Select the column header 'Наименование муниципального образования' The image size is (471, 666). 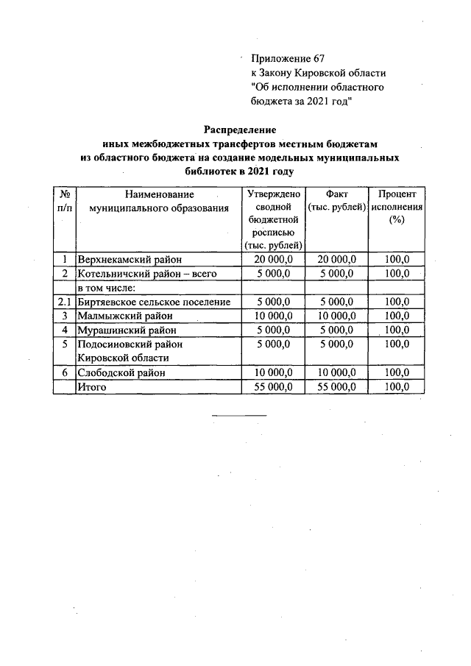(159, 202)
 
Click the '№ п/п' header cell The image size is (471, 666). (65, 202)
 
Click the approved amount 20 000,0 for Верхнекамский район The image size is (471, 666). (274, 259)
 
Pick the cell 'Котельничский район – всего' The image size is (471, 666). (138, 273)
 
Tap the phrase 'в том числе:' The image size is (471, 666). (107, 287)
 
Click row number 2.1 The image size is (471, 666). (65, 302)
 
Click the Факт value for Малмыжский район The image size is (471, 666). (336, 316)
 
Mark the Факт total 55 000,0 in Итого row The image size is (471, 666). (336, 386)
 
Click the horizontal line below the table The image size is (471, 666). (239, 416)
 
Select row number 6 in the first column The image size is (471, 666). (65, 372)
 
